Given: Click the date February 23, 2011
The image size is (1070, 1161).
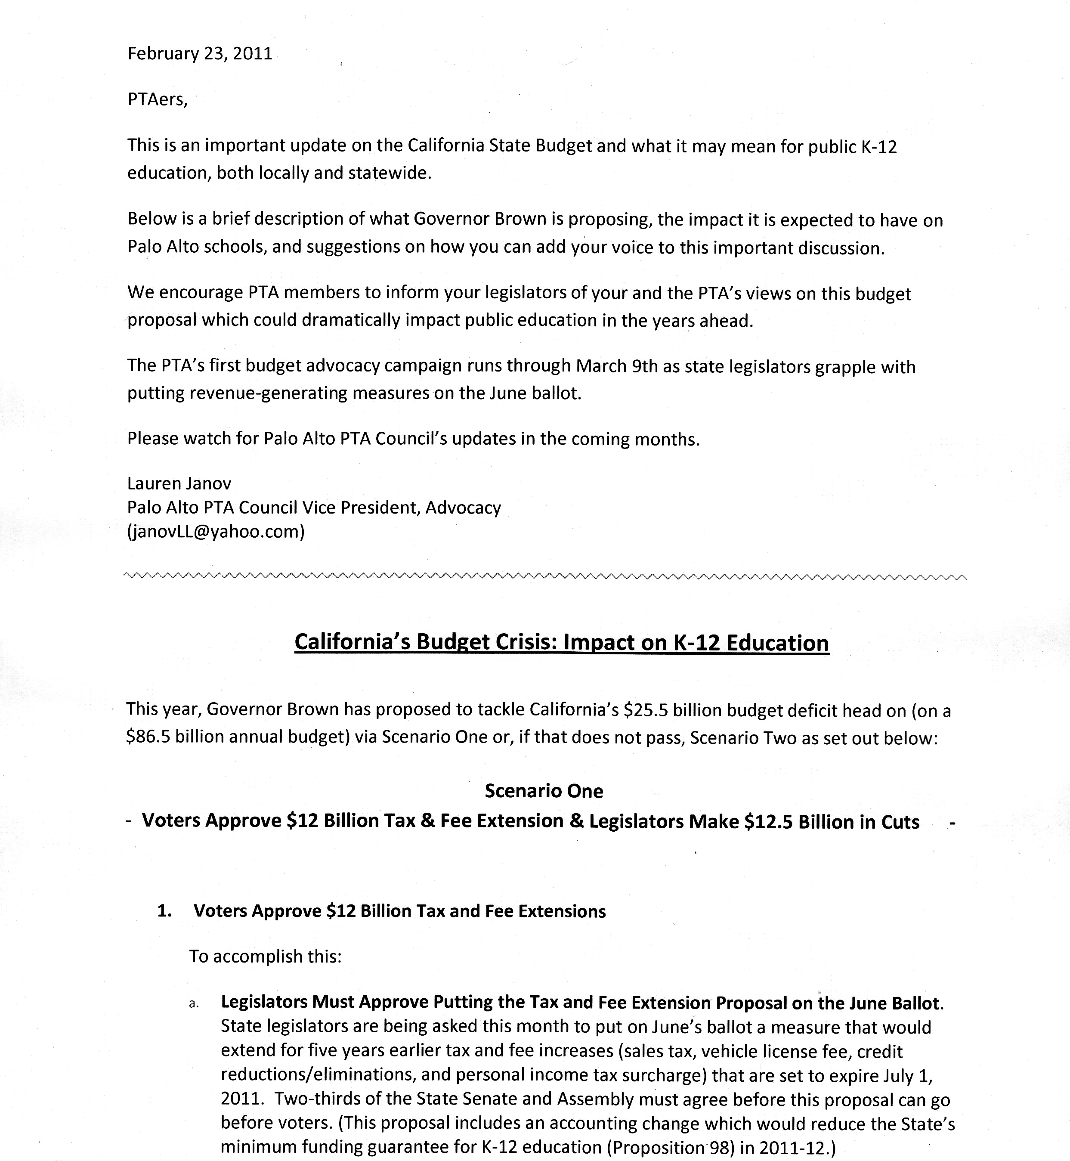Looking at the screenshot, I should [x=200, y=53].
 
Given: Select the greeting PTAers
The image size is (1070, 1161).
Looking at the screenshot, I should [x=158, y=99].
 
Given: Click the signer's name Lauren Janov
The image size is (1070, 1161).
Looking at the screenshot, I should [x=179, y=483].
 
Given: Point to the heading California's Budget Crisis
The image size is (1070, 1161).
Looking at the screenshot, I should [x=561, y=642].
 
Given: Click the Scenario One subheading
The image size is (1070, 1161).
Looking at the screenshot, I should [x=544, y=790].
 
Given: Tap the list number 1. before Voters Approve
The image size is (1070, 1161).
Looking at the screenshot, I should [x=164, y=911].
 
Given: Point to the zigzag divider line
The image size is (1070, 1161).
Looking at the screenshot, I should [x=544, y=576].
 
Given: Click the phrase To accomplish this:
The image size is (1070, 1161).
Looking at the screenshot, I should [x=266, y=956].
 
